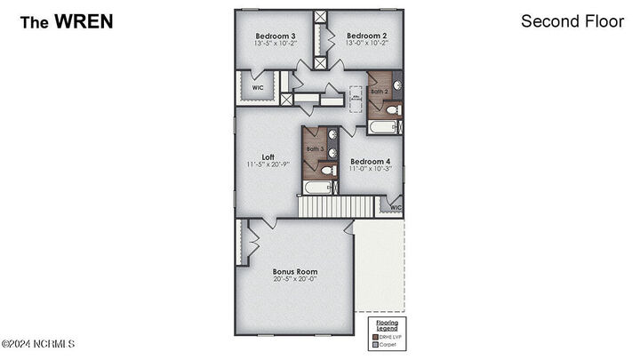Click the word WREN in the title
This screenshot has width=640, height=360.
point(84,21)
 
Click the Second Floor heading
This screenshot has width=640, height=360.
point(572,21)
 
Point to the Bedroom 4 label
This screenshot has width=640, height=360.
point(371,161)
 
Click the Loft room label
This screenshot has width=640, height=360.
point(268,156)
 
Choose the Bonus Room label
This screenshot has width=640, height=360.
point(294,271)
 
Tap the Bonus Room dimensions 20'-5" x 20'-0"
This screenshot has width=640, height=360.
point(294,279)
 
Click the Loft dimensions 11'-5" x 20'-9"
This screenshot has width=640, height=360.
point(268,164)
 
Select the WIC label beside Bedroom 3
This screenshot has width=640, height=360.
point(257,88)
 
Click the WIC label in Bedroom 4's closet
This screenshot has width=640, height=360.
point(395,208)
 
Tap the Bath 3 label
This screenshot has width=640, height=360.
point(315,148)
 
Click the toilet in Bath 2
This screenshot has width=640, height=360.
point(396,110)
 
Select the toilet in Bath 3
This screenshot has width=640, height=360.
point(328,170)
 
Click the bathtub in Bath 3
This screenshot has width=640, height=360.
point(318,188)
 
